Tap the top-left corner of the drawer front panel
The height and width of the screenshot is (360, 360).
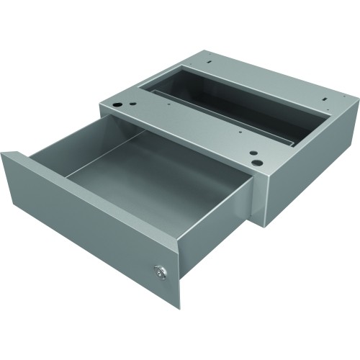(x=2, y=154)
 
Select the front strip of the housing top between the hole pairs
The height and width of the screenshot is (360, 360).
(x=187, y=126)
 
